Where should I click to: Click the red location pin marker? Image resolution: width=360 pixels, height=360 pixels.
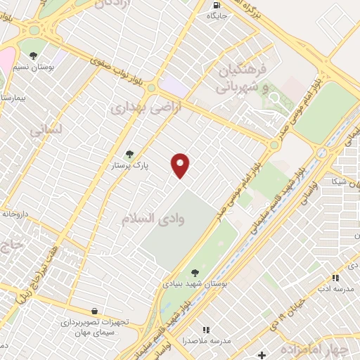[181, 165]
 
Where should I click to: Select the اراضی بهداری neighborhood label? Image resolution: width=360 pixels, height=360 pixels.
[136, 108]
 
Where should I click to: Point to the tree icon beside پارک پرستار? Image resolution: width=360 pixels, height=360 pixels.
[129, 154]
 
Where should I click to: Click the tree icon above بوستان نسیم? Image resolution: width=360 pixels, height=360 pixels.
[33, 55]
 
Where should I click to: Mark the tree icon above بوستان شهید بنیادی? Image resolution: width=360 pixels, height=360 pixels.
[195, 273]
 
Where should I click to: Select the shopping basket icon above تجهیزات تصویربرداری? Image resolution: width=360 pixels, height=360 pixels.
[94, 311]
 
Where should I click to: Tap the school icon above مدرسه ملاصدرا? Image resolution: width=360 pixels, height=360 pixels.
[206, 329]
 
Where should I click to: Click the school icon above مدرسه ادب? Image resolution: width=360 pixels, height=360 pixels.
[335, 278]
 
